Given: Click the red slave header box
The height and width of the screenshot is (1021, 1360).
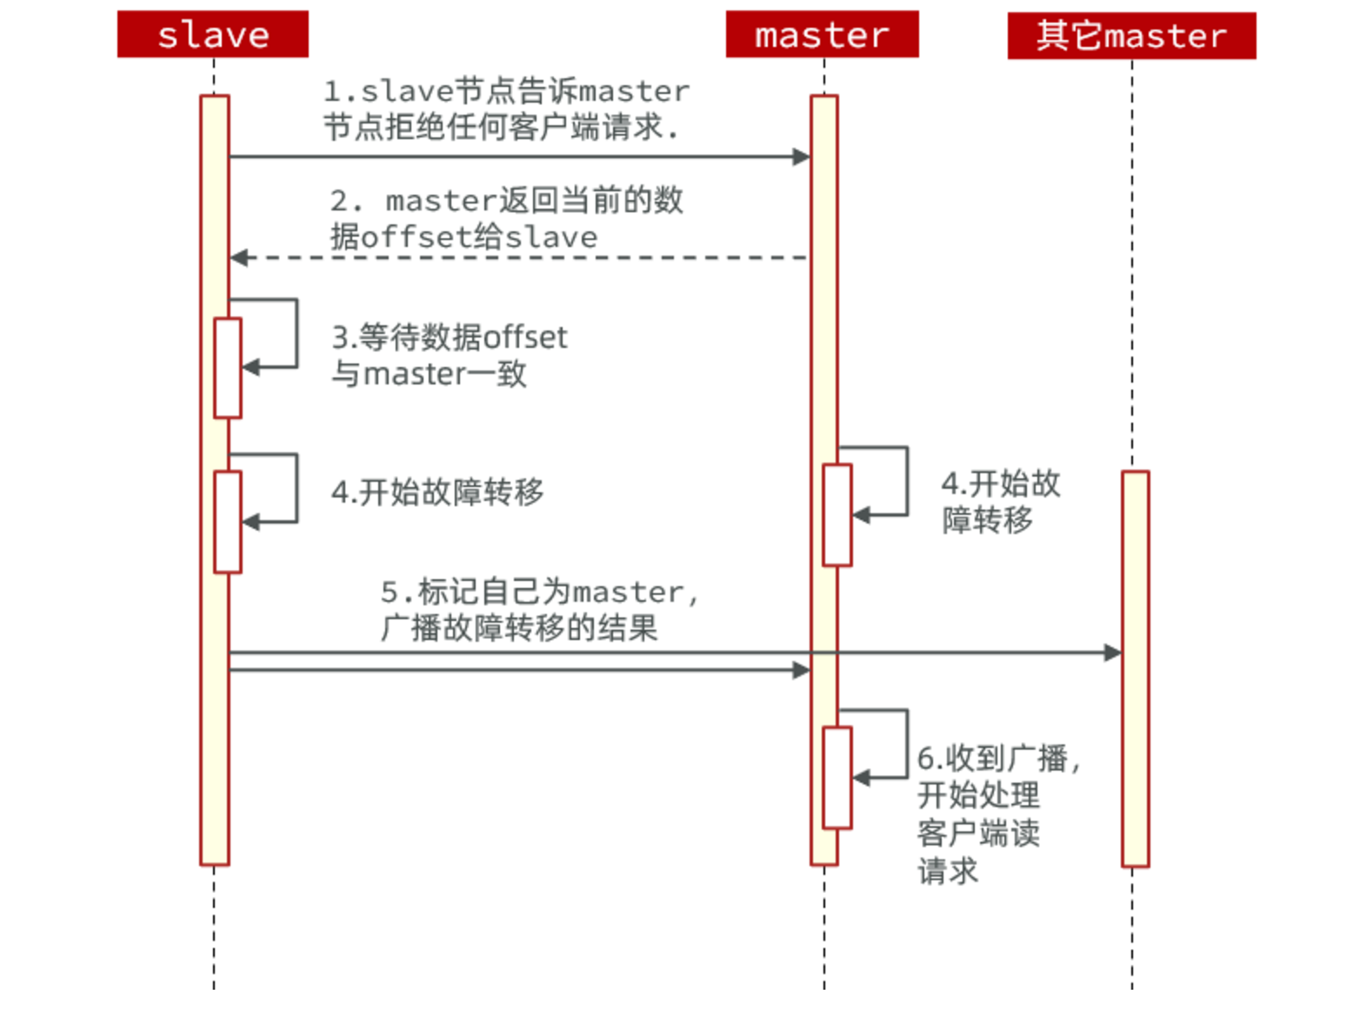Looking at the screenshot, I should (x=213, y=35).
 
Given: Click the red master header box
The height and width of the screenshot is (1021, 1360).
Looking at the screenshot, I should (x=822, y=35).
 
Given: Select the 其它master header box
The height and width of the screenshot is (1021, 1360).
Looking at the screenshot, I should (x=1131, y=36).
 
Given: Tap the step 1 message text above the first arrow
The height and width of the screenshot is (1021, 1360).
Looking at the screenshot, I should (x=506, y=109).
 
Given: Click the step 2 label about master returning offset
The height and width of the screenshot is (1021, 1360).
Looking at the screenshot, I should (x=506, y=218).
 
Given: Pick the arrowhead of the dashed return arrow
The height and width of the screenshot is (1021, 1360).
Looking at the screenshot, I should (x=239, y=257).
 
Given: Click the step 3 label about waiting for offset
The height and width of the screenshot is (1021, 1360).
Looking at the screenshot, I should (x=449, y=355).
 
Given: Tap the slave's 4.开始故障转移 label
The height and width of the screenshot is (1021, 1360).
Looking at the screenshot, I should (x=437, y=492).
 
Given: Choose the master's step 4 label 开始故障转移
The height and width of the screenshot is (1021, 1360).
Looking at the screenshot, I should (x=1000, y=501).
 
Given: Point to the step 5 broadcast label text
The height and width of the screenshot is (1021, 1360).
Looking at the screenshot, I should (x=539, y=609).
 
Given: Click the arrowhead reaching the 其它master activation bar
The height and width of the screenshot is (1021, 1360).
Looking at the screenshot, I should (x=1112, y=652).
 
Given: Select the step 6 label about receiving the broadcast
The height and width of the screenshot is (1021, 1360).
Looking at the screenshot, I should (x=998, y=813).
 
